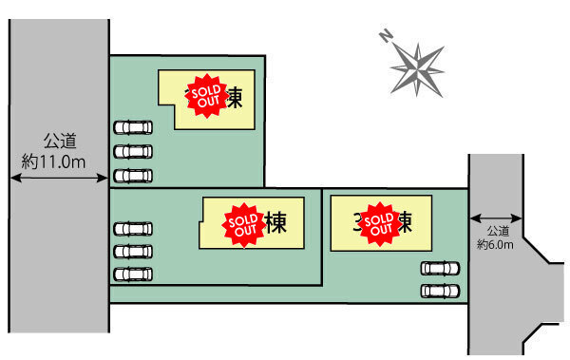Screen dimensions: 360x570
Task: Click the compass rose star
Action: pos(418,66)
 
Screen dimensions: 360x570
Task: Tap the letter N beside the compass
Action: pos(386,37)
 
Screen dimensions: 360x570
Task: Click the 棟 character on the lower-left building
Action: pos(276,223)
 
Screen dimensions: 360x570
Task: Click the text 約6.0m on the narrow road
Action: pos(495,244)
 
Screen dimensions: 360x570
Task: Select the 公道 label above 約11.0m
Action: pos(59,142)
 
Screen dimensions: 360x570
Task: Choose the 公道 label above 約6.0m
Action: pos(498,231)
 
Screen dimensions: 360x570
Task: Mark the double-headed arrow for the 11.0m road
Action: pos(59,176)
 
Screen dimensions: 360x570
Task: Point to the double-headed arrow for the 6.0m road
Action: pos(495,217)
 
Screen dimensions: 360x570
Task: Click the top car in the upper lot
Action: pos(133,127)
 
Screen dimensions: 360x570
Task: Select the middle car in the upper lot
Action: pos(133,151)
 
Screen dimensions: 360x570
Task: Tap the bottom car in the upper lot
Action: pos(133,175)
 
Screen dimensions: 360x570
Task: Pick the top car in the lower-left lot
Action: pos(133,228)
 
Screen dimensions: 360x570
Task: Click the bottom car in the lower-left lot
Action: pos(133,275)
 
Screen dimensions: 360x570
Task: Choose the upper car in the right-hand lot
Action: pos(440,269)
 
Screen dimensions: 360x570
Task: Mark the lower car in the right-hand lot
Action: pos(440,290)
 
